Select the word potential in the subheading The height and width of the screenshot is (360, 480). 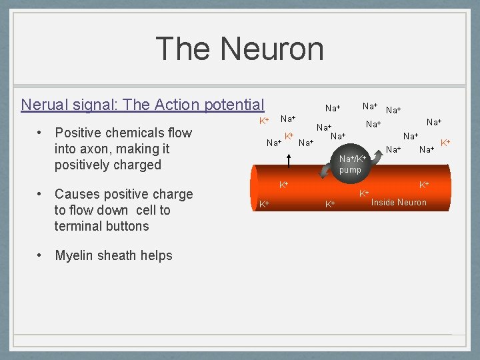(x=235, y=105)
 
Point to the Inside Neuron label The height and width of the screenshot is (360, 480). (x=399, y=202)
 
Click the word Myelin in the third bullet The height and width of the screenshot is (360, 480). (x=75, y=255)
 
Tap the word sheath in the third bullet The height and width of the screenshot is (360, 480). (x=119, y=255)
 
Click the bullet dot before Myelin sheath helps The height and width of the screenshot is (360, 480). (x=41, y=255)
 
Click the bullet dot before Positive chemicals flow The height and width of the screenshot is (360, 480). (x=41, y=133)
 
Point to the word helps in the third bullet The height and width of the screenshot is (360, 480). (x=157, y=256)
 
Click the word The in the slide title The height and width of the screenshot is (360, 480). (x=183, y=49)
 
